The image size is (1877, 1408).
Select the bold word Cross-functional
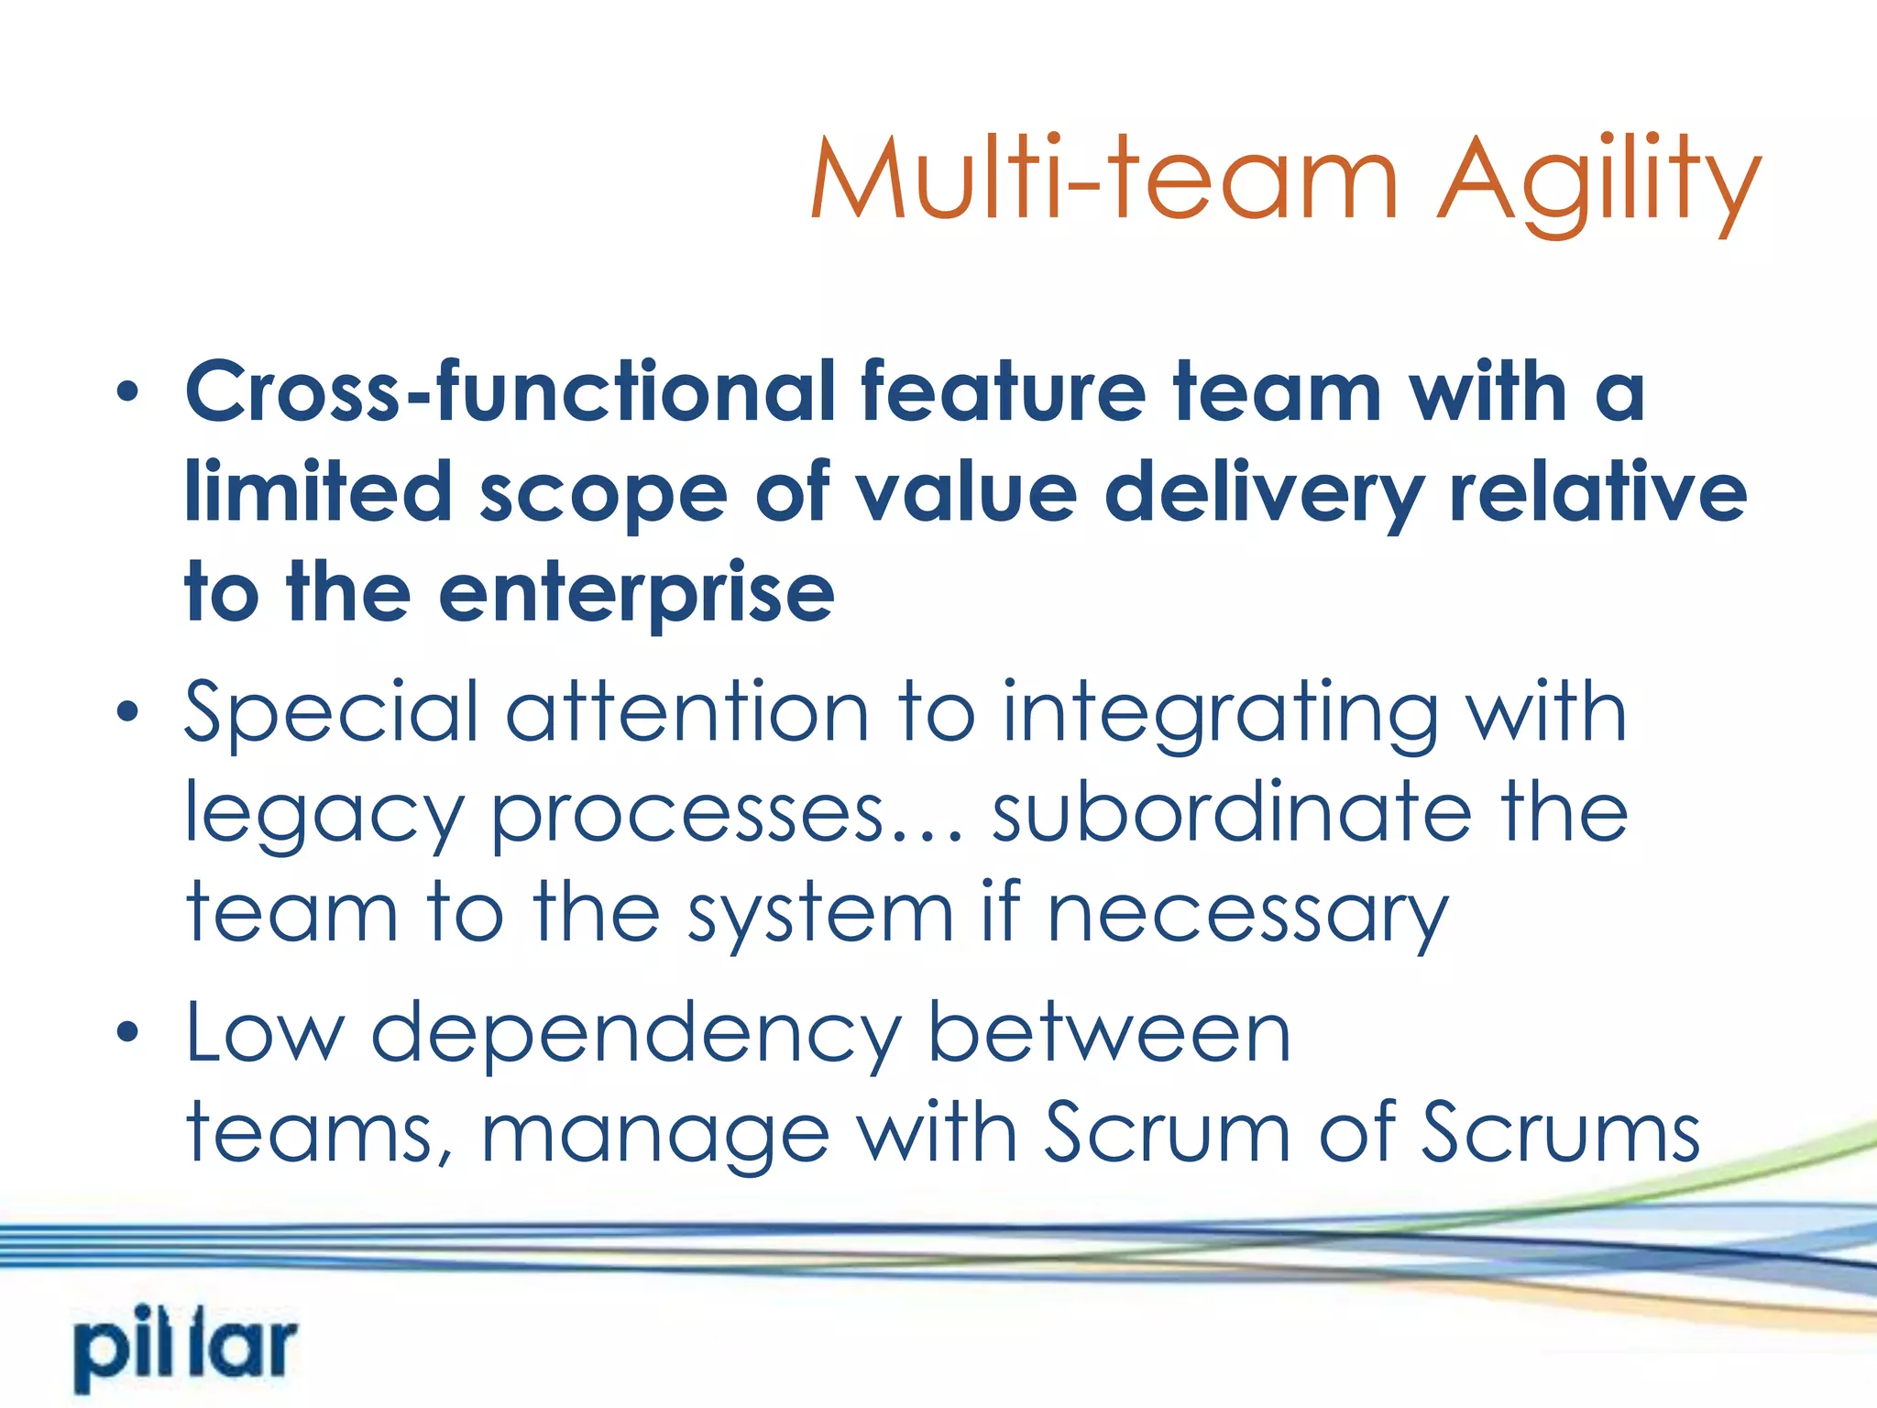click(x=509, y=391)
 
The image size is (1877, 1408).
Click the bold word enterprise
click(x=636, y=594)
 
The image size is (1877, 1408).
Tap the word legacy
click(x=324, y=816)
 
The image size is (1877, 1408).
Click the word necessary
click(x=1247, y=915)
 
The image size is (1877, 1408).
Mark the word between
click(x=1109, y=1032)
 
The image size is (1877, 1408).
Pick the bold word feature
click(x=1004, y=391)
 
